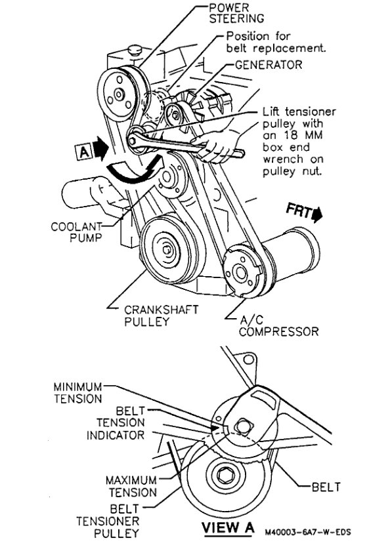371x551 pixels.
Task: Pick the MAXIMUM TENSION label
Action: coord(131,486)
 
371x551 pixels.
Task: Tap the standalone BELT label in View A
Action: coord(325,487)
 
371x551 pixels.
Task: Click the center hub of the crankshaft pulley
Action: coord(167,249)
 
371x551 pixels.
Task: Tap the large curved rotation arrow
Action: coord(135,172)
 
